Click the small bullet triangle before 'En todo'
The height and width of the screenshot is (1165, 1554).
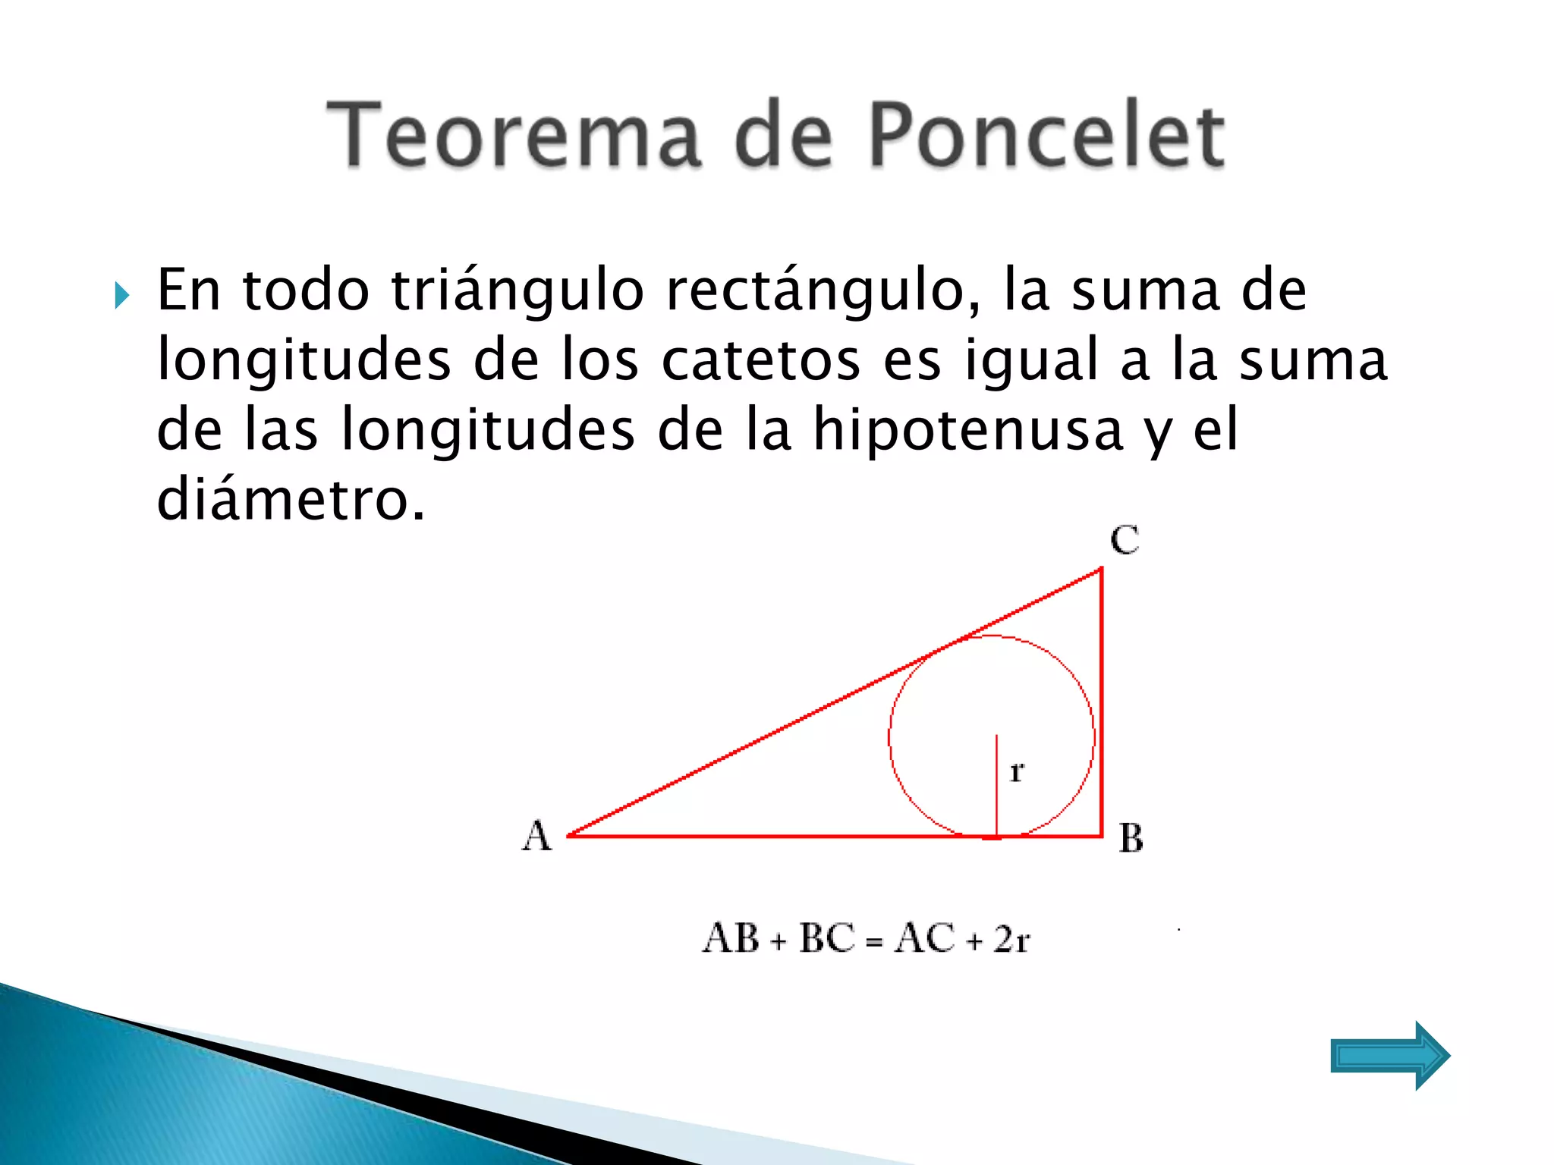122,295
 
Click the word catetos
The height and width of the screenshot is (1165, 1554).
760,360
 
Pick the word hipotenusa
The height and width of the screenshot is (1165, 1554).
967,429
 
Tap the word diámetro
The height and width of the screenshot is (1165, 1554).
290,499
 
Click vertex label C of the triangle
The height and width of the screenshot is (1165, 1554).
1125,540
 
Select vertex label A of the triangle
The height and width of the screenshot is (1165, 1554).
536,837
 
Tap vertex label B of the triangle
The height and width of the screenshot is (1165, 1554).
1131,839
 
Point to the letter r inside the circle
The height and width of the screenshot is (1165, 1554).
1017,772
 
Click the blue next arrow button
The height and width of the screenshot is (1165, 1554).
1389,1055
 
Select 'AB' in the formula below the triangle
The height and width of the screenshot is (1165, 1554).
731,939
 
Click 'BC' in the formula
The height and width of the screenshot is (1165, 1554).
827,939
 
